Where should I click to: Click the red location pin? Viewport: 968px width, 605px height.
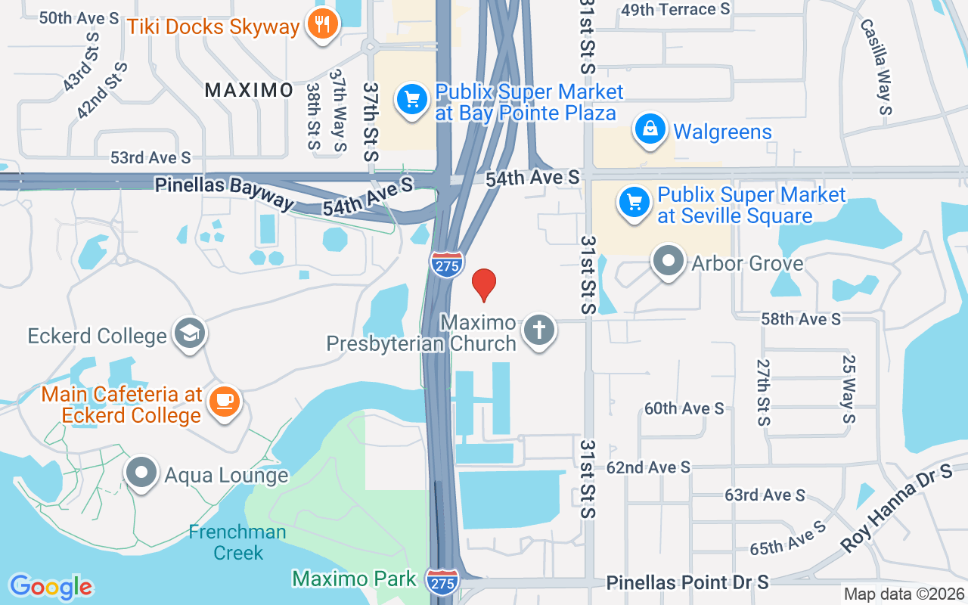(484, 284)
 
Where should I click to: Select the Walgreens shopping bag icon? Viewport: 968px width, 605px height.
(650, 130)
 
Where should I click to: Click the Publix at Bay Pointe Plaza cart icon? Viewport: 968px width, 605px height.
(411, 99)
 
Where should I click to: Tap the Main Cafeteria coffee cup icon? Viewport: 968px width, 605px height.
(225, 399)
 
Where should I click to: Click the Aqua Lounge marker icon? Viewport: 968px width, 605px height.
(141, 473)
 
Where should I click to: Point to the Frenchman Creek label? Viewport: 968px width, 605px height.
(237, 542)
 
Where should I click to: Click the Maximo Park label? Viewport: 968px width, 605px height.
(354, 579)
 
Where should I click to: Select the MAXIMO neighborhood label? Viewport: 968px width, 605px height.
(249, 90)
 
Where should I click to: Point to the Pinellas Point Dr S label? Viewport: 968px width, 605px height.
(687, 582)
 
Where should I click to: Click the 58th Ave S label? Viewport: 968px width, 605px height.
(801, 319)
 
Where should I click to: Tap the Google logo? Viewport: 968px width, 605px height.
(51, 587)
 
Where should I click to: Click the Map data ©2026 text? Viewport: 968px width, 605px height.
(904, 594)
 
